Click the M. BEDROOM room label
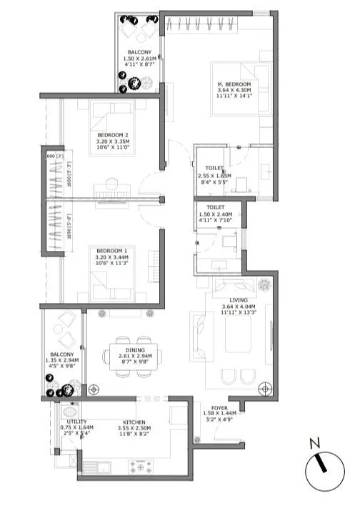[235, 84]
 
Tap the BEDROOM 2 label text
[112, 135]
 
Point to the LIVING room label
[239, 300]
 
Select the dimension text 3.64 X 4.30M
[235, 91]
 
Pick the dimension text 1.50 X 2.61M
[139, 59]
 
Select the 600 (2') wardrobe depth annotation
[54, 154]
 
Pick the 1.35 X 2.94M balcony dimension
[62, 364]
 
